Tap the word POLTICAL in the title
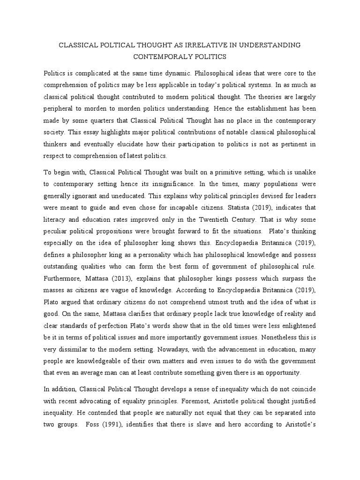click(x=111, y=45)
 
